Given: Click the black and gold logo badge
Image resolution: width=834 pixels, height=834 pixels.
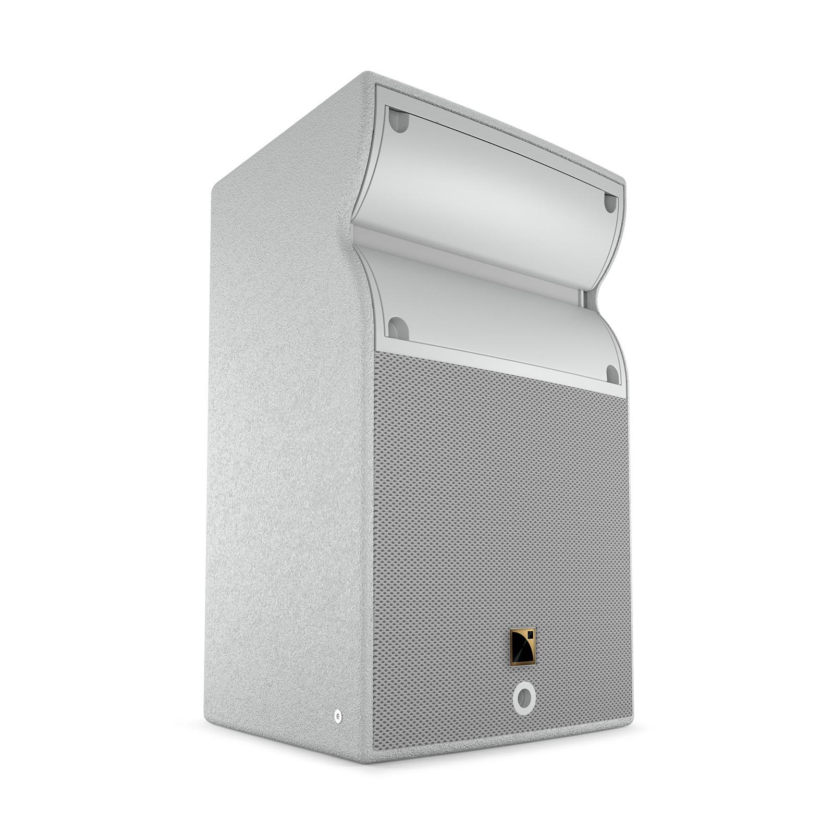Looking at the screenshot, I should pyautogui.click(x=523, y=647).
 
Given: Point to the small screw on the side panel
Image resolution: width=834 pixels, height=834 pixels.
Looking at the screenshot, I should pyautogui.click(x=337, y=716).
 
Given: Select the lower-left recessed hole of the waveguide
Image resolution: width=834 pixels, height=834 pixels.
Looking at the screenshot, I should pyautogui.click(x=398, y=329).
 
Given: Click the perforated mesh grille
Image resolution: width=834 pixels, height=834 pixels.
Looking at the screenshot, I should pyautogui.click(x=500, y=521).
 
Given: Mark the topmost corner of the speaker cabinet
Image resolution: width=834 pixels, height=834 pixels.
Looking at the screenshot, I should pyautogui.click(x=368, y=73).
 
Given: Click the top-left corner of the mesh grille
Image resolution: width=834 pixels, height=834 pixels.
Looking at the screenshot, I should pyautogui.click(x=375, y=352).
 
